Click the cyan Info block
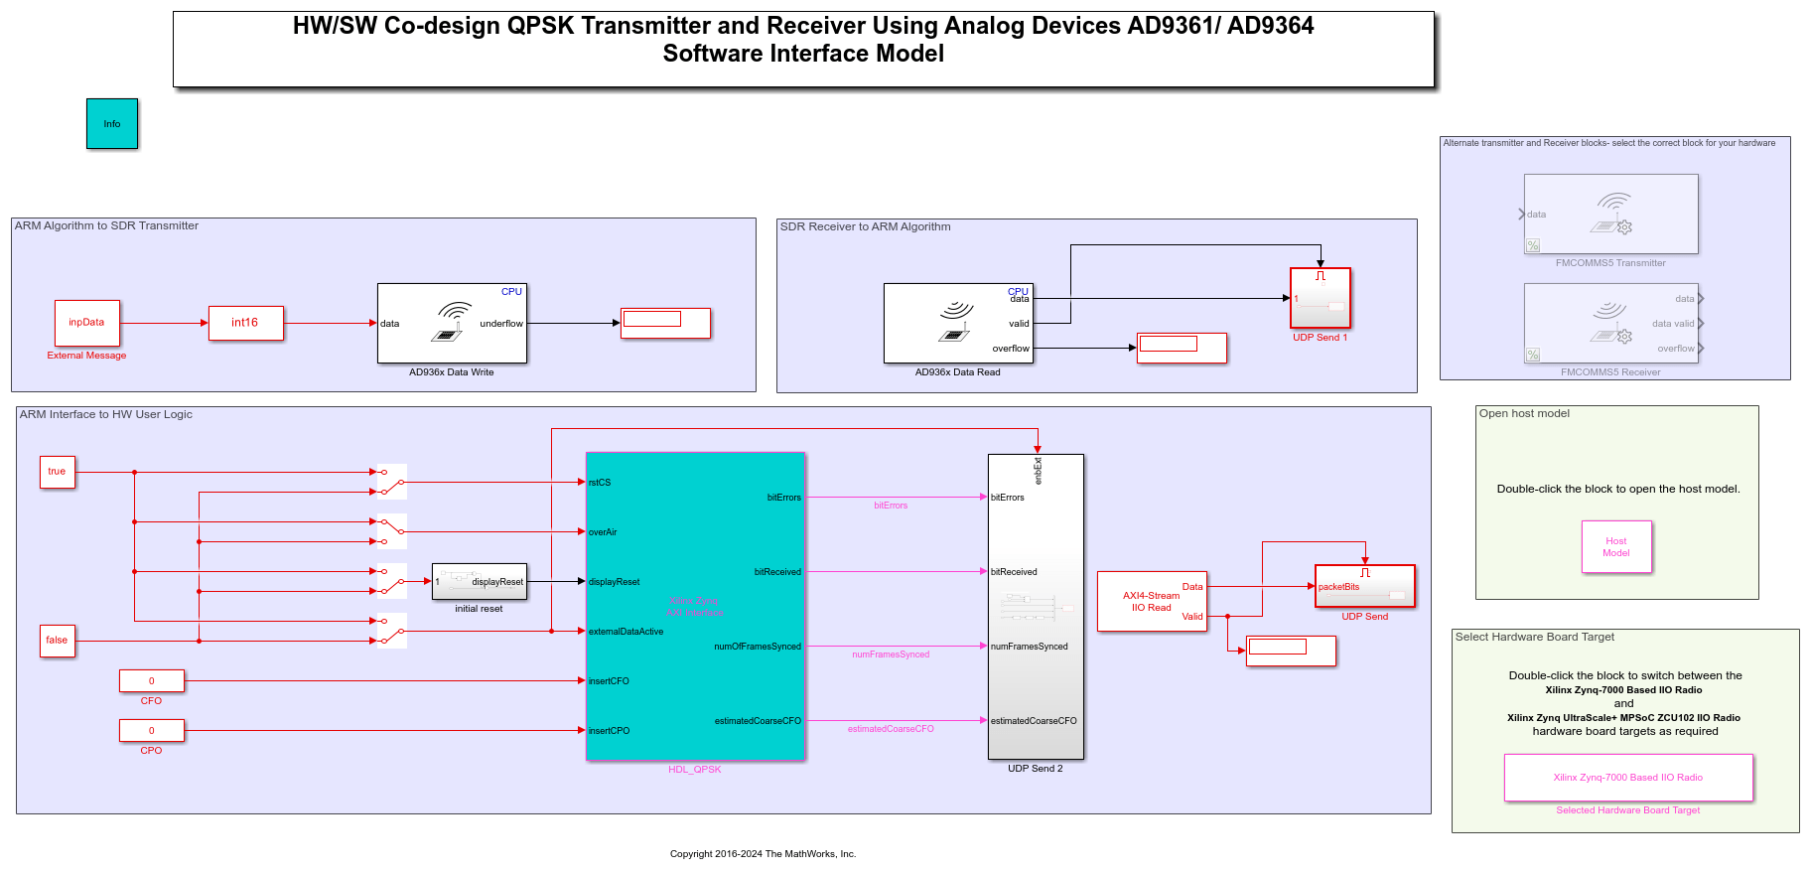click(112, 124)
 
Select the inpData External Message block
click(87, 323)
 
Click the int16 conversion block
click(245, 323)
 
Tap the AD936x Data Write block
click(452, 324)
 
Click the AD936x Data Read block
click(958, 324)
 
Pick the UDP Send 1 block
click(1320, 299)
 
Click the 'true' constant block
click(58, 472)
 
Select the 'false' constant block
click(58, 641)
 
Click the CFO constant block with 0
click(152, 681)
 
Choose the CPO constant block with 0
click(152, 731)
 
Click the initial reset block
click(480, 582)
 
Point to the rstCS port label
click(600, 483)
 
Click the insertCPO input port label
click(609, 731)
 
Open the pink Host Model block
click(1616, 547)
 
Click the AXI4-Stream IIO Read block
click(1152, 602)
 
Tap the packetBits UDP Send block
click(1364, 587)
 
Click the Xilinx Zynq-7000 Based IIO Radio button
click(1628, 778)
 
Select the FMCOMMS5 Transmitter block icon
click(1610, 215)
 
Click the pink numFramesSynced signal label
click(891, 655)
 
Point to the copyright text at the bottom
click(763, 854)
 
